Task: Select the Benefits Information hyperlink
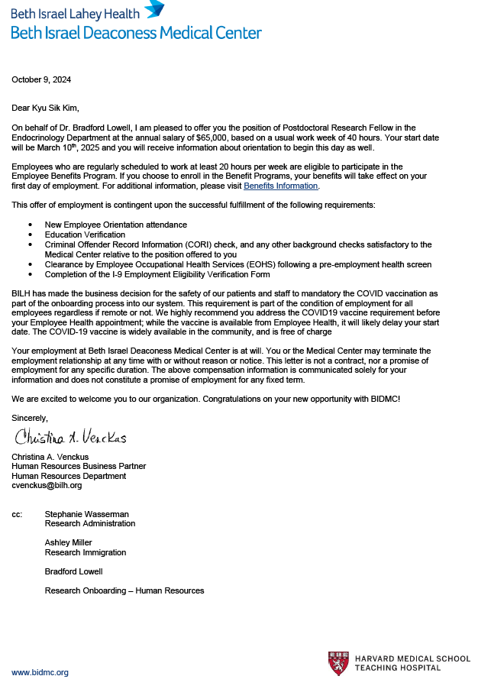(280, 186)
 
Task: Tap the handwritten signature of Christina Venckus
(69, 437)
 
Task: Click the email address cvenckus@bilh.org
(47, 485)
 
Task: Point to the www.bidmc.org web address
(40, 672)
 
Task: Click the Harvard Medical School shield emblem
(338, 663)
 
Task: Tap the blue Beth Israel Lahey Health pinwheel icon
(154, 9)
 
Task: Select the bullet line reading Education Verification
(79, 235)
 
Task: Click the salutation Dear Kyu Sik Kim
(45, 108)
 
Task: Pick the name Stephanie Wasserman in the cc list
(88, 514)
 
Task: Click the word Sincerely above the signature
(30, 418)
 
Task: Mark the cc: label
(17, 514)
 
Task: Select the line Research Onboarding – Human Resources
(124, 590)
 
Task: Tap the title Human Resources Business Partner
(79, 466)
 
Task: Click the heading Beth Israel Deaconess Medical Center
(136, 33)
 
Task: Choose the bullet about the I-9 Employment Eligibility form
(157, 274)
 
